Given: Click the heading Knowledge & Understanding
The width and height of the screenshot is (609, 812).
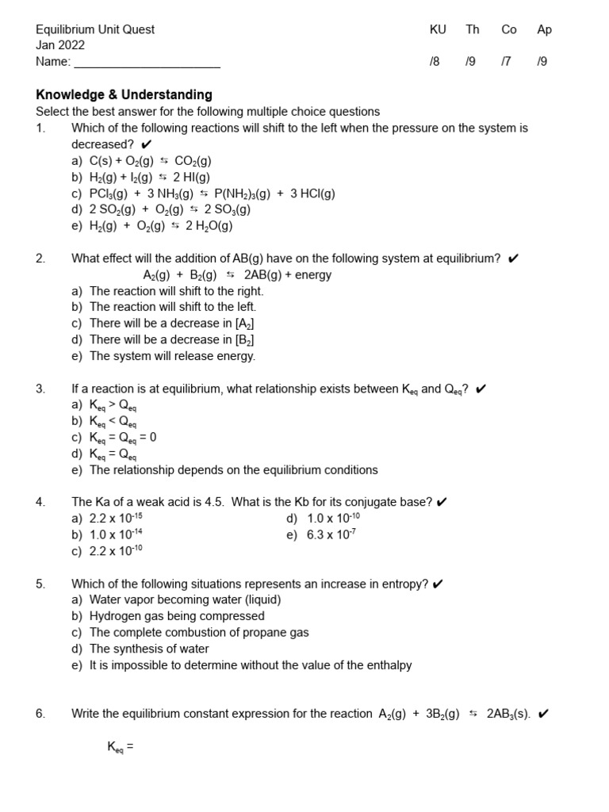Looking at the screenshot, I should (124, 95).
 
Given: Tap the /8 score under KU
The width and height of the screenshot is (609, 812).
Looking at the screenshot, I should (434, 62).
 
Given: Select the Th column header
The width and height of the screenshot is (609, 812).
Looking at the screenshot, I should (473, 29).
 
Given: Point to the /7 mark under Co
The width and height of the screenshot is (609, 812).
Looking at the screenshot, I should (507, 62).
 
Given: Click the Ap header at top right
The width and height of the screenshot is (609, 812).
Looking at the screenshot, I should (544, 29).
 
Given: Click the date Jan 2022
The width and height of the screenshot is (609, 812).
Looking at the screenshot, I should (60, 45).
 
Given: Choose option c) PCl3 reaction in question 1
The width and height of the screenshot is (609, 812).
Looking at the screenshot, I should (203, 193).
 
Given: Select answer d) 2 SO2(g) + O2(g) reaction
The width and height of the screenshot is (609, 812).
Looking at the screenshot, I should (161, 209).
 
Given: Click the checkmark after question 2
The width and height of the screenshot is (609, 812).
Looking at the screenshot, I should (513, 259).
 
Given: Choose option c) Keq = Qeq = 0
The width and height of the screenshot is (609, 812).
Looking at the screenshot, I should (114, 438).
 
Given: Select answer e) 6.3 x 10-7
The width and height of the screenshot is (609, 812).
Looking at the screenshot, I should (321, 534).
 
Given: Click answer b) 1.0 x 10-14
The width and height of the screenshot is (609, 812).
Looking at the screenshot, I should (107, 534).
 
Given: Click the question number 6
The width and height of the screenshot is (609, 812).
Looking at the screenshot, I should (41, 714).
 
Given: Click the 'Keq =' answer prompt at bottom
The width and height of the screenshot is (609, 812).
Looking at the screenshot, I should (120, 747).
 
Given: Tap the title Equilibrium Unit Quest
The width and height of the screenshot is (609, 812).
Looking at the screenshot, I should (95, 29).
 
